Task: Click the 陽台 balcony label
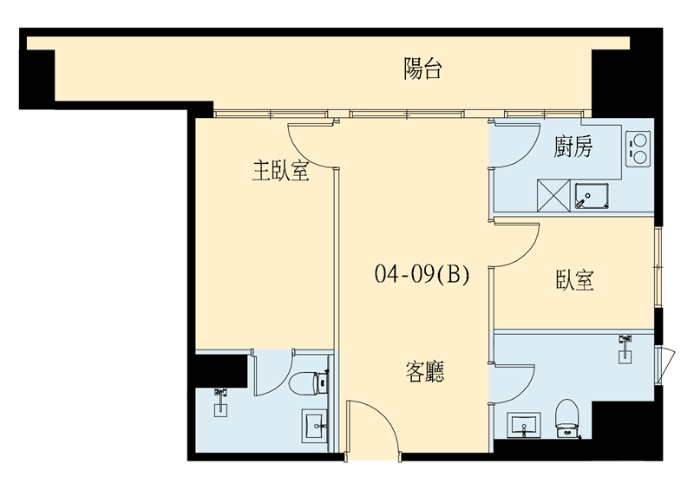[422, 69]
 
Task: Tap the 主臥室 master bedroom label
[280, 170]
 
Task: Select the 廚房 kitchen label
[573, 147]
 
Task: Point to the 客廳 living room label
[425, 371]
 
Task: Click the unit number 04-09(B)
[422, 274]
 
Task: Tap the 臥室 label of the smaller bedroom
[574, 280]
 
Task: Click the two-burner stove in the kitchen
[638, 148]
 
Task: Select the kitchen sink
[593, 196]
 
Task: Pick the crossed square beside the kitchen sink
[553, 195]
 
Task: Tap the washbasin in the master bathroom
[315, 425]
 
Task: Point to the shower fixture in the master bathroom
[220, 402]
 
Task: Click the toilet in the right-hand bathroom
[567, 418]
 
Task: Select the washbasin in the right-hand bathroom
[524, 426]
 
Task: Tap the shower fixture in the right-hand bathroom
[625, 349]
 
